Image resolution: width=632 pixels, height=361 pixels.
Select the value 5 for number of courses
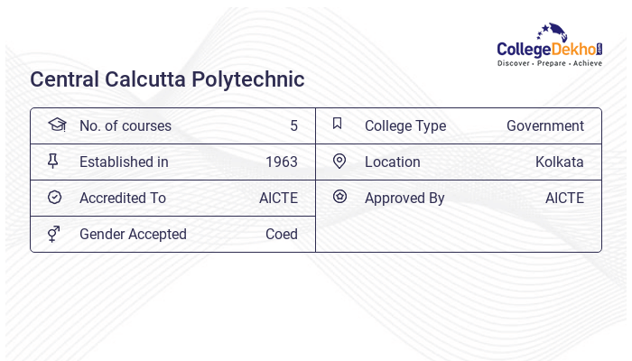[293, 125]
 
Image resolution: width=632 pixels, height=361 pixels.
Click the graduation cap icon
[56, 125]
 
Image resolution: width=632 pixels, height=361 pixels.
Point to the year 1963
[281, 162]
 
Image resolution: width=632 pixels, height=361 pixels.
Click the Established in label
[124, 162]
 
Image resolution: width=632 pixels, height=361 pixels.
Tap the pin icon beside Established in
[53, 161]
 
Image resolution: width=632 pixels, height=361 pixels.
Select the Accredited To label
[122, 198]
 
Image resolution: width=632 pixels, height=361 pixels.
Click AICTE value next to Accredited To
[278, 198]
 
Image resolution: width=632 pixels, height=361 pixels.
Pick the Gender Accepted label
[133, 234]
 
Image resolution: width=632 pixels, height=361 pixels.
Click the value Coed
[281, 234]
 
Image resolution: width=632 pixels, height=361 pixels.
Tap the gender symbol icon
[53, 234]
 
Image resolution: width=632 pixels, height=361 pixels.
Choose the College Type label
[404, 125]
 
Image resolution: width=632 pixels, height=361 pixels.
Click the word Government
[544, 125]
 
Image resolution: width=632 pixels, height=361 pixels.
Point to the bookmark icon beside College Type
[337, 124]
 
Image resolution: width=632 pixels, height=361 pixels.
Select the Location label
[392, 162]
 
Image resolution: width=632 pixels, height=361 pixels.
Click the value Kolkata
[559, 162]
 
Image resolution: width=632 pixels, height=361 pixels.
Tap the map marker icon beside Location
[339, 161]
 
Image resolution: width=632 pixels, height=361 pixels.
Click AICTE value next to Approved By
[564, 198]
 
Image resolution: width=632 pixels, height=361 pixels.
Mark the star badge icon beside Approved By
[339, 196]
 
